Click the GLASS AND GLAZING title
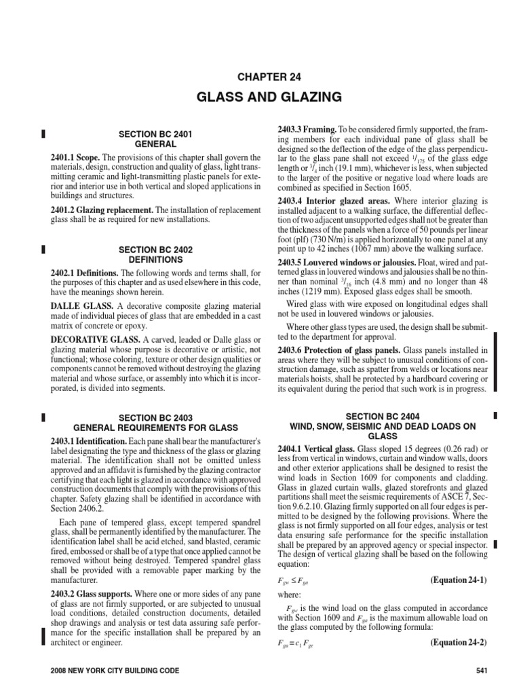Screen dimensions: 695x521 tap(260, 97)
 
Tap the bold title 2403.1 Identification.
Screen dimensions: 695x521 tap(88, 441)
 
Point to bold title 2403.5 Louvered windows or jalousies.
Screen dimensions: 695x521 tap(345, 262)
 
